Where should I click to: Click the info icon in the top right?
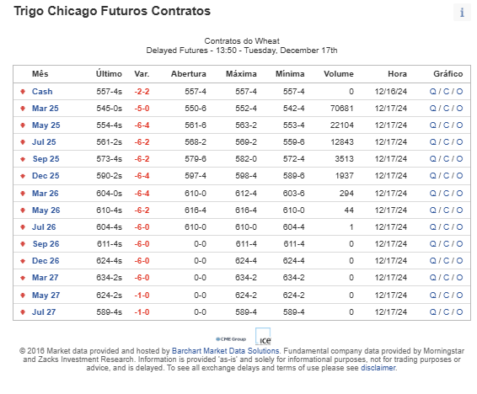pos(462,13)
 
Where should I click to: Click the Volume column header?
pos(339,74)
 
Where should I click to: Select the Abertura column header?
pos(189,74)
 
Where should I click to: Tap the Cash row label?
pos(42,92)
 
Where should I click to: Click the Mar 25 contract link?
pos(46,109)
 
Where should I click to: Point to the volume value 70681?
pos(342,109)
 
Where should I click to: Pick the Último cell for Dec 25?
pos(110,176)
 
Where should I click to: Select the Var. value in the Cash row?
pos(142,92)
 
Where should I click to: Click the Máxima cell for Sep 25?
pos(246,159)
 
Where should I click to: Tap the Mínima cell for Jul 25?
pos(293,142)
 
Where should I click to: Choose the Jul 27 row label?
pos(44,312)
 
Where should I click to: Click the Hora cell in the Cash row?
pos(391,92)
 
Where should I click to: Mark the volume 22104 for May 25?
pos(342,125)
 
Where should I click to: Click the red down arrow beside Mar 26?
pos(23,193)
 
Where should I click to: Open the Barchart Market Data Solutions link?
pos(225,351)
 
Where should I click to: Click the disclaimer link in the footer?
pos(378,368)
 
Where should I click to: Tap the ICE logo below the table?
pos(263,336)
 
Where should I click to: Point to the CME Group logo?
pos(231,339)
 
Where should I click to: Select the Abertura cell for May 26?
pos(196,210)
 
